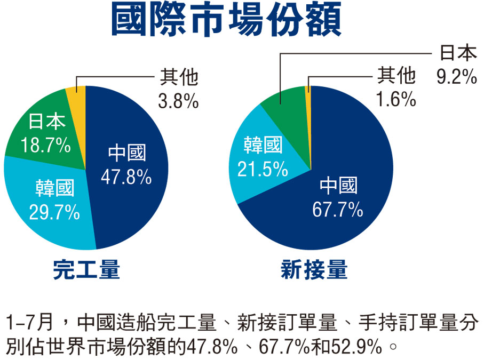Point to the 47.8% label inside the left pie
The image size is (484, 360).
[x=126, y=176]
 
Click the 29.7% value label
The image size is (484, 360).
[x=54, y=212]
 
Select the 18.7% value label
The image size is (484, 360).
[x=45, y=145]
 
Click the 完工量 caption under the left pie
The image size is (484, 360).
[x=86, y=270]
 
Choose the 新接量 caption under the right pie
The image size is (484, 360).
[x=314, y=270]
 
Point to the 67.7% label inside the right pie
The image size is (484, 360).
[x=338, y=210]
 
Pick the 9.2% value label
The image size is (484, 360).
[x=456, y=77]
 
